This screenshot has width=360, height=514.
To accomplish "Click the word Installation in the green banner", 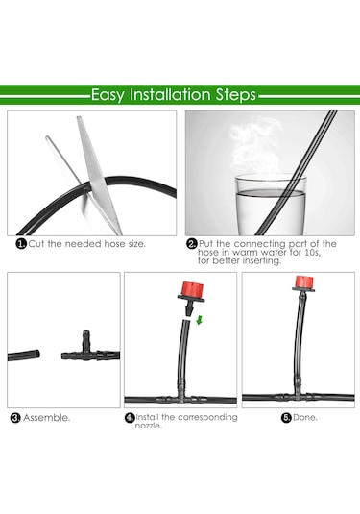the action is coord(170,95).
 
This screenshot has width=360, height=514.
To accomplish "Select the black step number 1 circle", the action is coord(21,244).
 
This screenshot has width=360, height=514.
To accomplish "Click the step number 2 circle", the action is coord(192,244).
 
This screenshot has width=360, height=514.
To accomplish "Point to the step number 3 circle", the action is coord(15,418).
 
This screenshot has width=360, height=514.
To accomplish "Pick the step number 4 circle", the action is coord(130,418).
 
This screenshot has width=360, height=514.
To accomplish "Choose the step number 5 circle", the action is coord(286,418).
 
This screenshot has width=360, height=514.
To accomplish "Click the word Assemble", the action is coord(46,418).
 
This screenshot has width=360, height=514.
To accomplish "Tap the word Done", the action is coord(305,418).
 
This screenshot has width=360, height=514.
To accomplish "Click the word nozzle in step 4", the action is coord(149,426).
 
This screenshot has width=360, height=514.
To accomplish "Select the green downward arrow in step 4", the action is coord(199,320).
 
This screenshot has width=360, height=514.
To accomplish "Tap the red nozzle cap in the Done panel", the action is coord(304,281).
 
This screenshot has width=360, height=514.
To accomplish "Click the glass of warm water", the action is coord(272,205).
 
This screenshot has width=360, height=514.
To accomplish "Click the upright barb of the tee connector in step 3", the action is coord(86,341).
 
